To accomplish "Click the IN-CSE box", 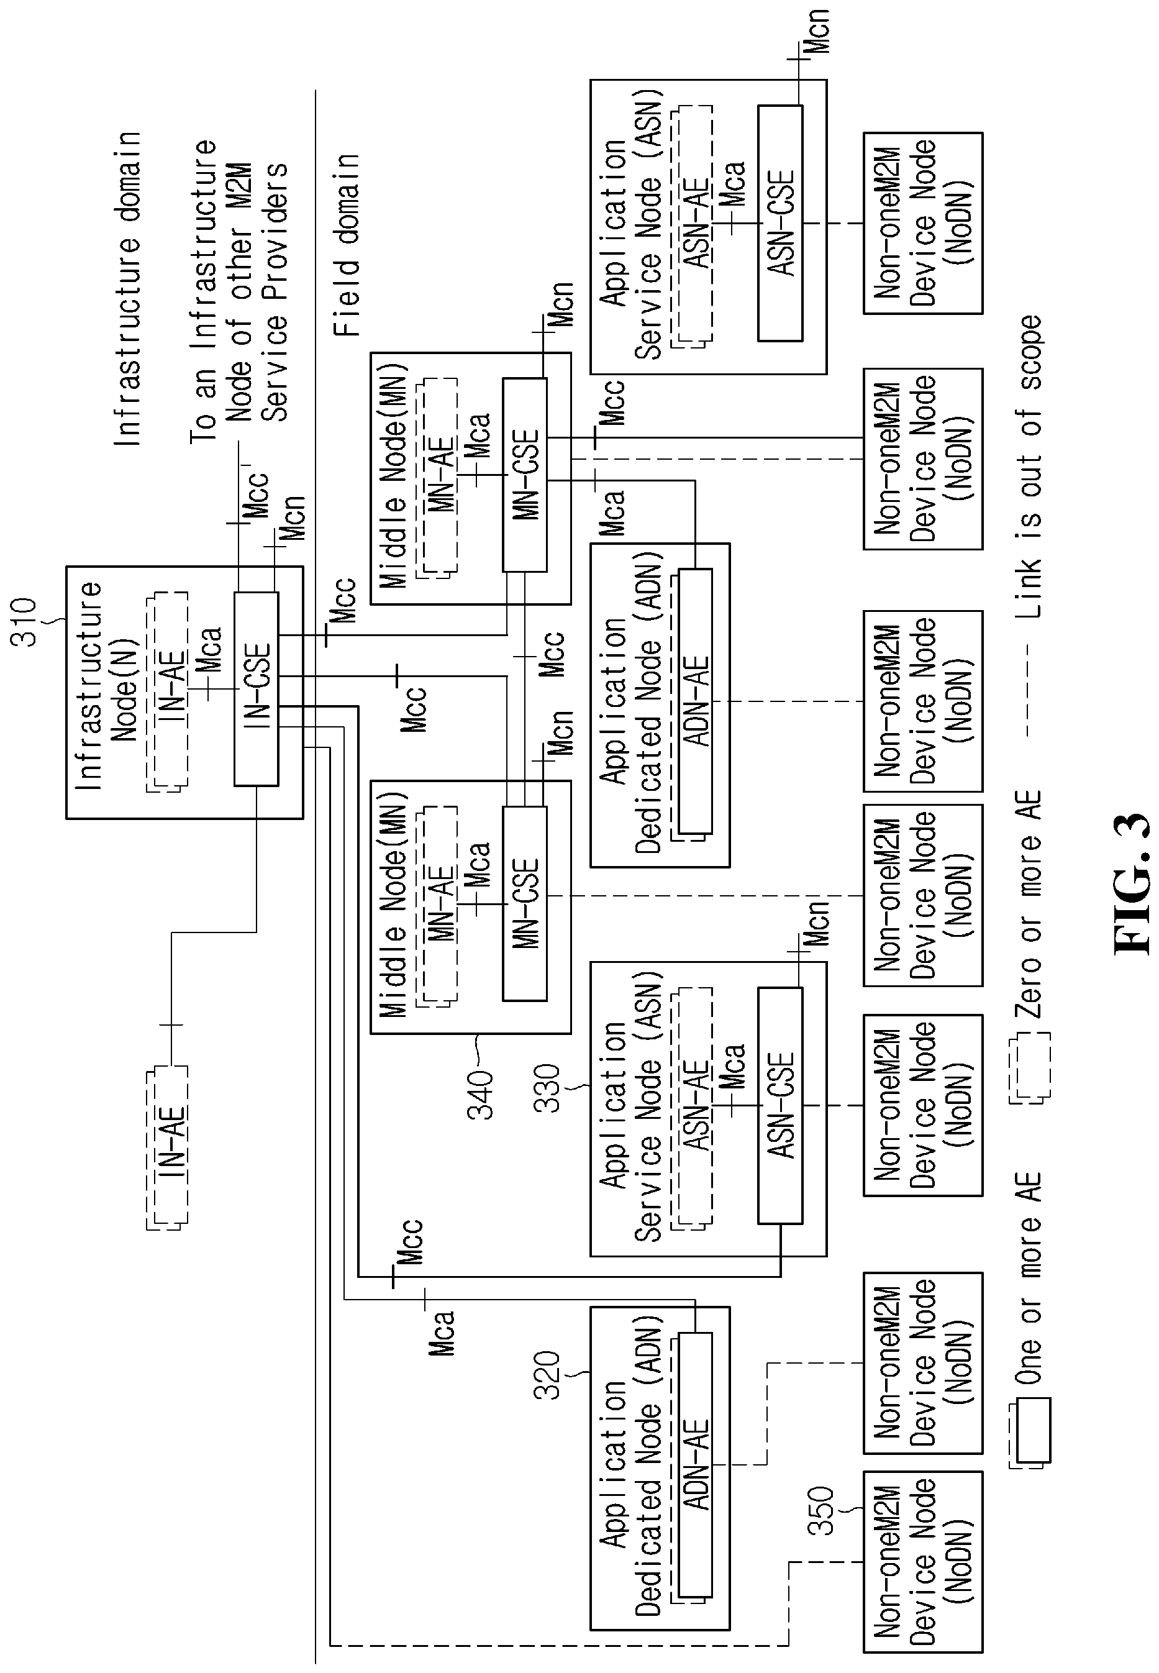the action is tap(256, 689).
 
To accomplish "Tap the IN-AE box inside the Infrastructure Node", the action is tap(168, 692).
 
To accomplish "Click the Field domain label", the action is tap(347, 245).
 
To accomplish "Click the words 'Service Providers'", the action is tap(275, 292).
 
